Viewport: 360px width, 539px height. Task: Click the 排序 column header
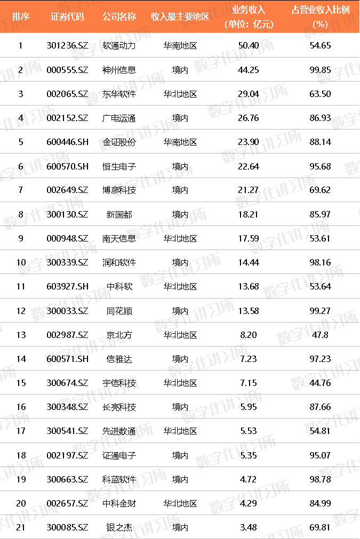21,17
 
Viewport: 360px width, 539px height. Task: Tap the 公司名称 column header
119,17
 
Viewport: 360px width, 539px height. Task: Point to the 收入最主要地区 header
180,17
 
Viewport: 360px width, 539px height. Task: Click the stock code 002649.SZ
67,190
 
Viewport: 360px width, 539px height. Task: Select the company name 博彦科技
119,190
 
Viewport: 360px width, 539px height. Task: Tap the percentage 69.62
319,190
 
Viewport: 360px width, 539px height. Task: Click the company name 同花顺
119,311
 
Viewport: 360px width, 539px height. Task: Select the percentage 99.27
319,311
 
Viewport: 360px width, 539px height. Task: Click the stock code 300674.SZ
67,383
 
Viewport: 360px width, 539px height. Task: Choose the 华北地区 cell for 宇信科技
180,383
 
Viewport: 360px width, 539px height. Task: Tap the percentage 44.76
319,383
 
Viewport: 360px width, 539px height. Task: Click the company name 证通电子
119,455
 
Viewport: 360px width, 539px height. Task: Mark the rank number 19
21,479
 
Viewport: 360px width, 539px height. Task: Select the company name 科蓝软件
119,479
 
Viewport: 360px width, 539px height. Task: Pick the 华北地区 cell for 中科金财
180,503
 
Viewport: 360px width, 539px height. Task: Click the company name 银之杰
119,527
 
